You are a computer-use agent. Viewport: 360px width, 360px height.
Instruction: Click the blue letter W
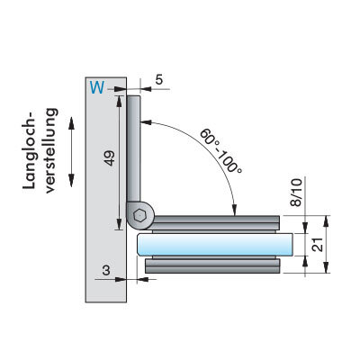tap(97, 87)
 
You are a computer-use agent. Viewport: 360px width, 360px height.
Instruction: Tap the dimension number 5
tap(159, 80)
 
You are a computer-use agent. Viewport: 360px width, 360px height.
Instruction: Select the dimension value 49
tap(110, 158)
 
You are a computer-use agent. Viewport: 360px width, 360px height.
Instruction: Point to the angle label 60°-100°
tap(220, 150)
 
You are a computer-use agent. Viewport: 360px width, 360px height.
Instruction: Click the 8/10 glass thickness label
tap(296, 192)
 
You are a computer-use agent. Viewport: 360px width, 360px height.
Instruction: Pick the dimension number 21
tap(318, 245)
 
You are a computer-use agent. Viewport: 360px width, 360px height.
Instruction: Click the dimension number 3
tap(106, 270)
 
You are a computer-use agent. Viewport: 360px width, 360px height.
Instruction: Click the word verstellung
tap(50, 150)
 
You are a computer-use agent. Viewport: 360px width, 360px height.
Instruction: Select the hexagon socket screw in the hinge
tap(139, 216)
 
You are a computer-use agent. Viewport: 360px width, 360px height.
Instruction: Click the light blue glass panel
tap(215, 245)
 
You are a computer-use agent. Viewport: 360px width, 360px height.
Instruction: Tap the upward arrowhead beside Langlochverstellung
tap(71, 123)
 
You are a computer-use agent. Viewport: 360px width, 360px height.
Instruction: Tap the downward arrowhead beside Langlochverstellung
tap(71, 181)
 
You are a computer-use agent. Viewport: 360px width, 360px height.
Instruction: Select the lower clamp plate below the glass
tap(212, 265)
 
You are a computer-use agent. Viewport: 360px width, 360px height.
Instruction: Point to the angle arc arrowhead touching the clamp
tap(235, 210)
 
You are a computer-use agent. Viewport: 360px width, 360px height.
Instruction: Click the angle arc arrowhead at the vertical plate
tap(146, 122)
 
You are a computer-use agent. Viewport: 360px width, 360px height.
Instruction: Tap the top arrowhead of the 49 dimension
tap(119, 101)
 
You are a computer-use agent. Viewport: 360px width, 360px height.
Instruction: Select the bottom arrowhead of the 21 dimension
tap(327, 267)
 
